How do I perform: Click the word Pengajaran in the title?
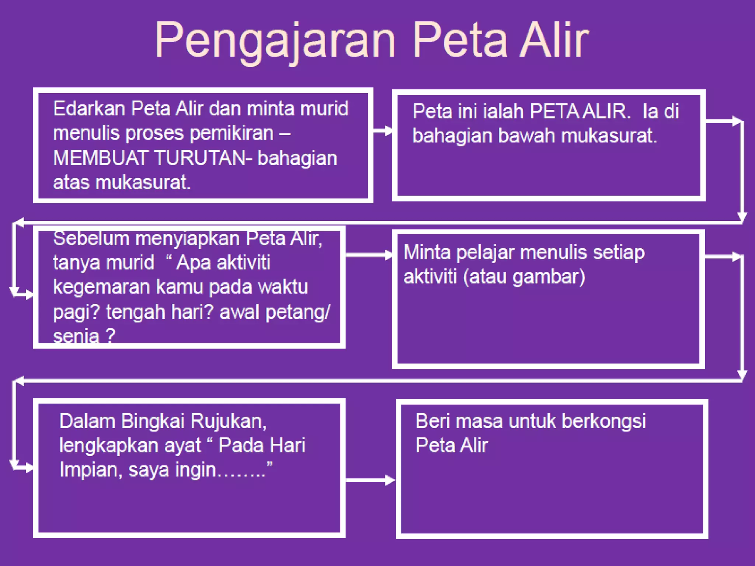pyautogui.click(x=275, y=41)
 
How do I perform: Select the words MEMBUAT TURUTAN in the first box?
pyautogui.click(x=150, y=158)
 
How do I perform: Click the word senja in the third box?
pyautogui.click(x=76, y=336)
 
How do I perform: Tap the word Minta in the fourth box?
pyautogui.click(x=427, y=253)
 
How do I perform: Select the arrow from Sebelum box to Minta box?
pyautogui.click(x=369, y=255)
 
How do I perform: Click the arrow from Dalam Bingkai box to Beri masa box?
pyautogui.click(x=370, y=480)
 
